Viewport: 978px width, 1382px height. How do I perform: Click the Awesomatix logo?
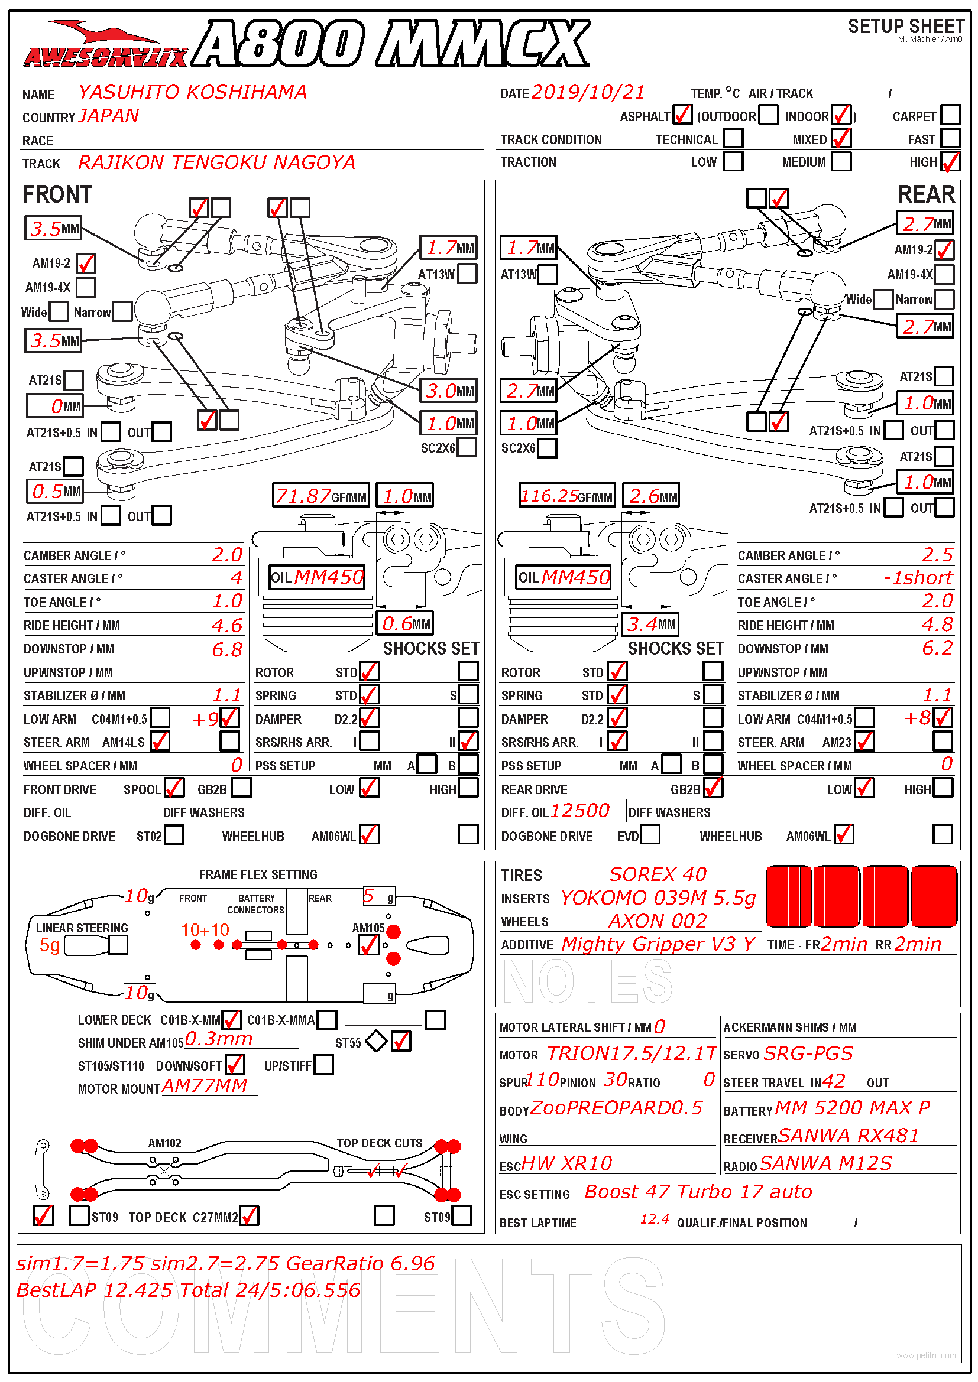pyautogui.click(x=106, y=45)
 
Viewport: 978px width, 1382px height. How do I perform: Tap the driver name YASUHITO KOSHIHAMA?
pyautogui.click(x=193, y=92)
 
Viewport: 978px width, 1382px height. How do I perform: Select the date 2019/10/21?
pyautogui.click(x=588, y=92)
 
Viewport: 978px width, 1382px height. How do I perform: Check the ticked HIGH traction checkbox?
pyautogui.click(x=950, y=161)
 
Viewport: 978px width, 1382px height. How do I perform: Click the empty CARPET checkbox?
pyautogui.click(x=950, y=115)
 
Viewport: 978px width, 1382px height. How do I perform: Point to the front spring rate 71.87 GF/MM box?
pyautogui.click(x=320, y=496)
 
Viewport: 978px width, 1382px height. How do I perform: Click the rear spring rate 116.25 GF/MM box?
pyautogui.click(x=566, y=496)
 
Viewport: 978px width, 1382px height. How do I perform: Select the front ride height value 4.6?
pyautogui.click(x=227, y=625)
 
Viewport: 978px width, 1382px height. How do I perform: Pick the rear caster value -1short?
pyautogui.click(x=918, y=578)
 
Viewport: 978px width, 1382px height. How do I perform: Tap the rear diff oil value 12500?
pyautogui.click(x=580, y=811)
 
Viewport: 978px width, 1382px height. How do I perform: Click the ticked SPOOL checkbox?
pyautogui.click(x=174, y=788)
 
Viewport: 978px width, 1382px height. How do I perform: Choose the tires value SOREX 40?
pyautogui.click(x=658, y=874)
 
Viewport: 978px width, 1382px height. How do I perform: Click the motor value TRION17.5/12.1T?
pyautogui.click(x=631, y=1053)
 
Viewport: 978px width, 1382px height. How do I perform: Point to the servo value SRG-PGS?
pyautogui.click(x=808, y=1053)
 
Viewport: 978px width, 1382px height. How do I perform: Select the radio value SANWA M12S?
pyautogui.click(x=825, y=1163)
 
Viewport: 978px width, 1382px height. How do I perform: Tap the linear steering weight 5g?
pyautogui.click(x=50, y=945)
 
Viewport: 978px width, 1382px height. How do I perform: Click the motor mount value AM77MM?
pyautogui.click(x=205, y=1085)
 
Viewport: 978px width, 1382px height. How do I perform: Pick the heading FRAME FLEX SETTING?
pyautogui.click(x=258, y=874)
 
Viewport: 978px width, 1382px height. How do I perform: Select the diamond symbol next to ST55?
pyautogui.click(x=377, y=1040)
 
